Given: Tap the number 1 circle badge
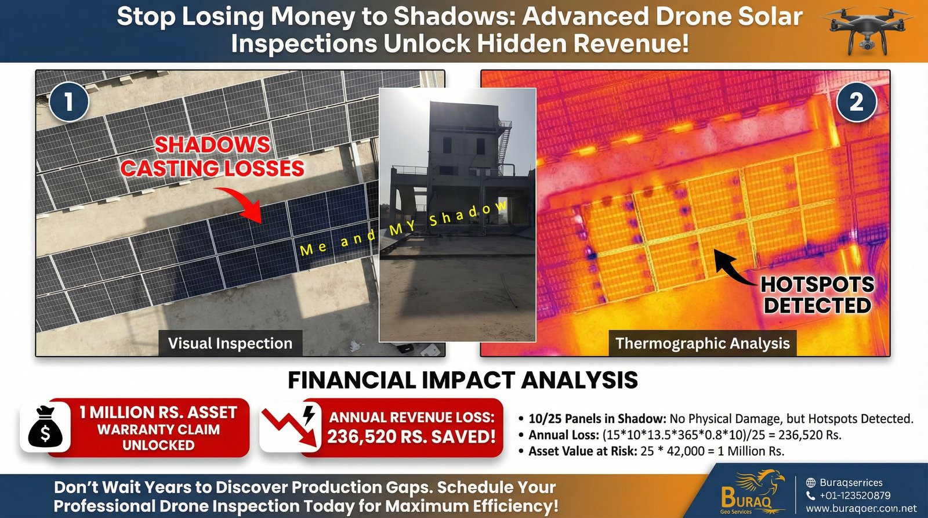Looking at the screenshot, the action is point(69,102).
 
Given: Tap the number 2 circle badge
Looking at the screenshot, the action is point(856,102).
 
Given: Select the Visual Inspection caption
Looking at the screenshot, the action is point(230,343).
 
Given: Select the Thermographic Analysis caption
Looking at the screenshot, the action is point(702,343).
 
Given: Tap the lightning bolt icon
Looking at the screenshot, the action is point(309,415).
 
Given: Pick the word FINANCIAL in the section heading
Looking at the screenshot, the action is point(351,380).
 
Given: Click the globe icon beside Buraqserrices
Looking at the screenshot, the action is point(811,483).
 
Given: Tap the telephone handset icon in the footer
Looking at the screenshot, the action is point(811,495).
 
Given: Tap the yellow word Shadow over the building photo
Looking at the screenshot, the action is point(468,214).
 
